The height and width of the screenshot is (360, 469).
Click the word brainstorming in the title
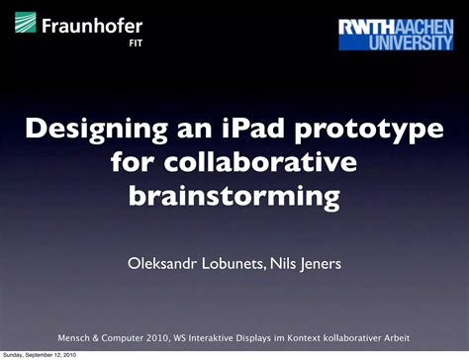pyautogui.click(x=234, y=196)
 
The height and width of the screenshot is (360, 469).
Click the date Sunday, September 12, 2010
pyautogui.click(x=40, y=354)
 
